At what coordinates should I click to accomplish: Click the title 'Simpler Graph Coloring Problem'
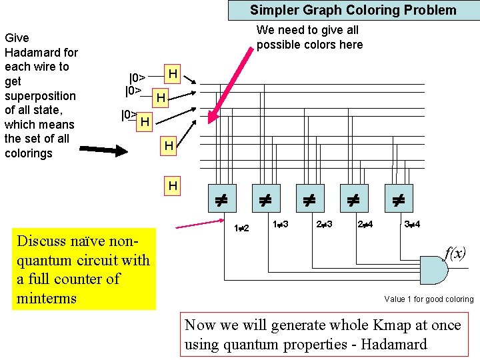click(x=353, y=10)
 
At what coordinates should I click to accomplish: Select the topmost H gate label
click(x=173, y=73)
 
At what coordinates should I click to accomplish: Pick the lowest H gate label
click(x=173, y=186)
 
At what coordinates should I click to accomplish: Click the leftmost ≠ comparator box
click(x=222, y=198)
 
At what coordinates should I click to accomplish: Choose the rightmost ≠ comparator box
click(x=399, y=198)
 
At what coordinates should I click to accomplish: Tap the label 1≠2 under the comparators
click(x=241, y=229)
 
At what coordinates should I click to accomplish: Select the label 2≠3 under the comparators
click(x=324, y=224)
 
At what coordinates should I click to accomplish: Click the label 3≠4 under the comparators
click(x=412, y=224)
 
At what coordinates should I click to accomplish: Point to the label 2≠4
click(x=365, y=224)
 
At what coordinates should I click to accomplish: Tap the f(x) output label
click(x=455, y=253)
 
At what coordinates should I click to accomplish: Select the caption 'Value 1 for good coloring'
click(x=429, y=299)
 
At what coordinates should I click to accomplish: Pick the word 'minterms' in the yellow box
click(x=47, y=297)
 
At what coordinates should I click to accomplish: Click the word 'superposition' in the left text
click(x=40, y=95)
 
